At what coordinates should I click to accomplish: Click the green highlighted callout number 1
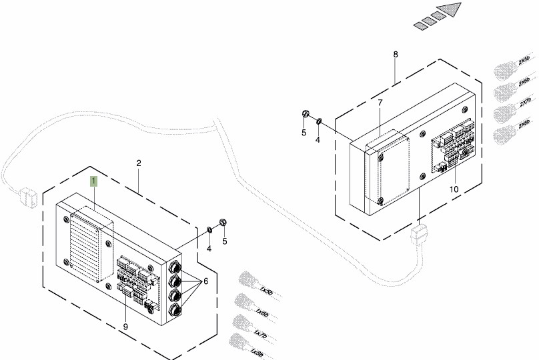pos(94,181)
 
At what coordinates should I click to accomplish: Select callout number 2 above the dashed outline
pos(139,163)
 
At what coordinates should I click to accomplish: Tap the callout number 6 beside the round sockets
pos(205,281)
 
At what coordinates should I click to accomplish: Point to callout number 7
pos(380,103)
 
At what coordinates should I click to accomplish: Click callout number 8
pos(395,53)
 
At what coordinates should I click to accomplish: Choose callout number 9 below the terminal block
pos(125,326)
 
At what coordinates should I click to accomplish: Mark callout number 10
pos(454,189)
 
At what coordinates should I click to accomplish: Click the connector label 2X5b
pos(524,61)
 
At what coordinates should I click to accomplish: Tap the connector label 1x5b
pos(266,292)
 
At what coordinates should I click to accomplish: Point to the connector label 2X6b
pos(524,82)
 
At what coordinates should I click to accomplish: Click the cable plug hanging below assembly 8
pos(418,234)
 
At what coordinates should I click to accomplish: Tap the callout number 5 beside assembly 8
pos(304,133)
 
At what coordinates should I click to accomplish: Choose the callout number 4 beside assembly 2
pos(209,249)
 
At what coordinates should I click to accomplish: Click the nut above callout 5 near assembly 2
pos(223,223)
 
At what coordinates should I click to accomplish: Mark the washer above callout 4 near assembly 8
pos(319,121)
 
